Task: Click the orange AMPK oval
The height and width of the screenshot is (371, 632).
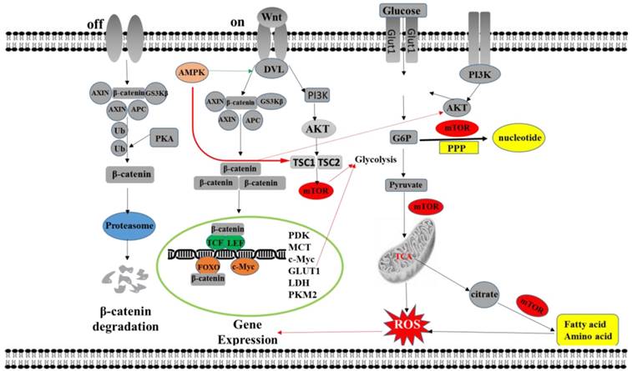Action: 193,73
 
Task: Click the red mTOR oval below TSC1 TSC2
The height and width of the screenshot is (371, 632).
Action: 317,192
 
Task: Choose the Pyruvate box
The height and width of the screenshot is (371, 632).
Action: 404,183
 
